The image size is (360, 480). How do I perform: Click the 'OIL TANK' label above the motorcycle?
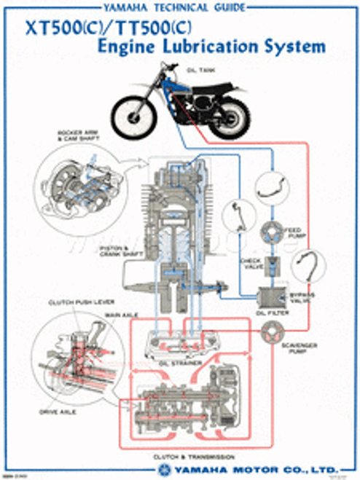pos(199,71)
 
